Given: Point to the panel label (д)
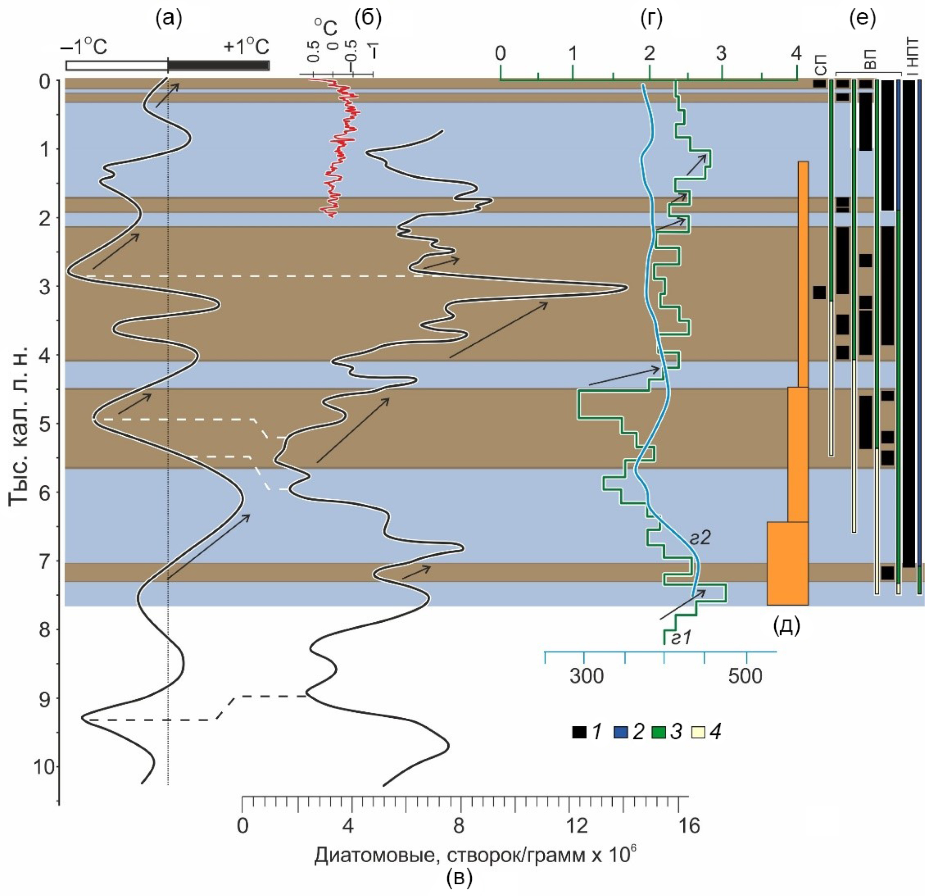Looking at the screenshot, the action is (x=786, y=625).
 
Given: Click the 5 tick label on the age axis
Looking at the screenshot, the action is (x=45, y=423).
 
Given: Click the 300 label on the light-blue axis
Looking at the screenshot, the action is (x=586, y=676).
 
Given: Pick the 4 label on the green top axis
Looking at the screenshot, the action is (x=796, y=53).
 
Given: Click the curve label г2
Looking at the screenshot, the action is (x=700, y=538).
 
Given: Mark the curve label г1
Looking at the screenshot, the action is (x=680, y=638).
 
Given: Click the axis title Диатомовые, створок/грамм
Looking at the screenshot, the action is (x=475, y=855).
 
